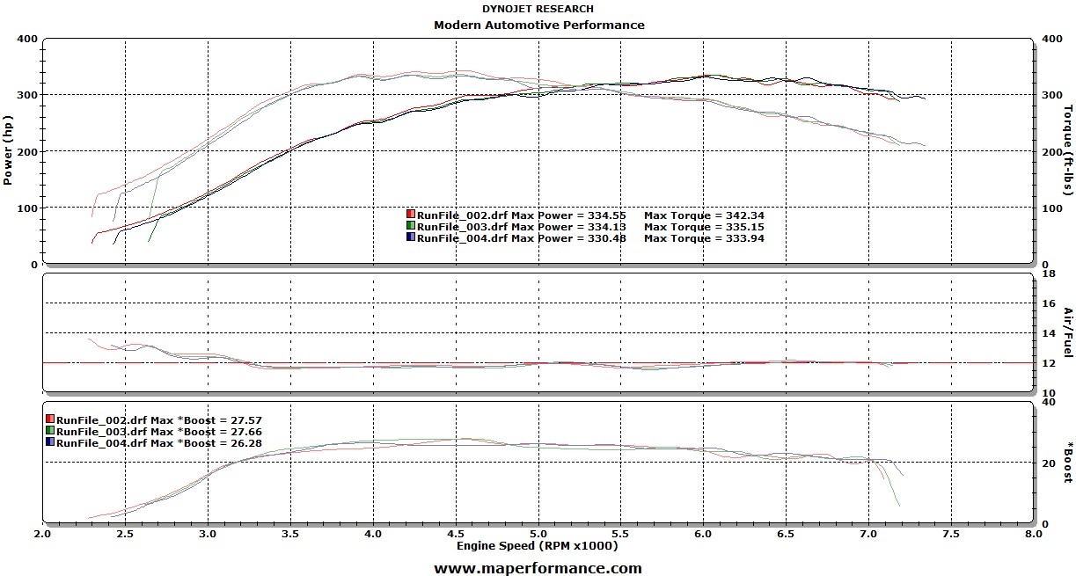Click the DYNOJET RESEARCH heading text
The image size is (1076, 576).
coord(538,9)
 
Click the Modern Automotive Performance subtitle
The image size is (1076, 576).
coord(538,25)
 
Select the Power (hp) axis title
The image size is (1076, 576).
coord(9,151)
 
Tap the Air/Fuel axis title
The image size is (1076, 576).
coord(1066,332)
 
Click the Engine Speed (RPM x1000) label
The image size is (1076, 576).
coord(537,546)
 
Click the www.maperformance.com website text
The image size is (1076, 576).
coord(538,568)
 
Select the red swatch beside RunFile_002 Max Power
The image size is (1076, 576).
coord(411,215)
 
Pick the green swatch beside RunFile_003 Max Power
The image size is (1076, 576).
coord(411,226)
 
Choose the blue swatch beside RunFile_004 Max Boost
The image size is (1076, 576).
coord(50,442)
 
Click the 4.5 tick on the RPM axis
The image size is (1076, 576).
coord(456,534)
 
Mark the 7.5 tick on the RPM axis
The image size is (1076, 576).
coord(951,534)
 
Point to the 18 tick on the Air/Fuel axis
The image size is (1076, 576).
coord(1048,274)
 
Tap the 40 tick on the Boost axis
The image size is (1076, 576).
coord(1048,402)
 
